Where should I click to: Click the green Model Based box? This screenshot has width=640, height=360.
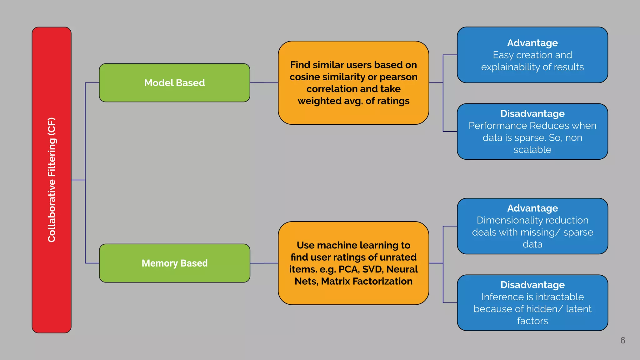click(174, 83)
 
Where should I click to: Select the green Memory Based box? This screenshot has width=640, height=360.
click(174, 263)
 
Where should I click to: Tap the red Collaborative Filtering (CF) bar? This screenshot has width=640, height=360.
click(52, 180)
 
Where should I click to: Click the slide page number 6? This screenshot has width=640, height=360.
click(622, 340)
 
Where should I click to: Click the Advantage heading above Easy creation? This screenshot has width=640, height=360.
click(532, 43)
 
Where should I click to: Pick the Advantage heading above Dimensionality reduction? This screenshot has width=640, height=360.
click(532, 208)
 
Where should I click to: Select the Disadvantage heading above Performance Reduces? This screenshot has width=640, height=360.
click(532, 113)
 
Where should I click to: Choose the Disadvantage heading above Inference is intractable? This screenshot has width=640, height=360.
click(532, 285)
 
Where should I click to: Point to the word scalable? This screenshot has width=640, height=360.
click(532, 150)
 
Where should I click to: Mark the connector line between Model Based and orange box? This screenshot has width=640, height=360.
click(264, 83)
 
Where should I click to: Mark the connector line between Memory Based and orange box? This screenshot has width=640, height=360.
click(264, 263)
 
